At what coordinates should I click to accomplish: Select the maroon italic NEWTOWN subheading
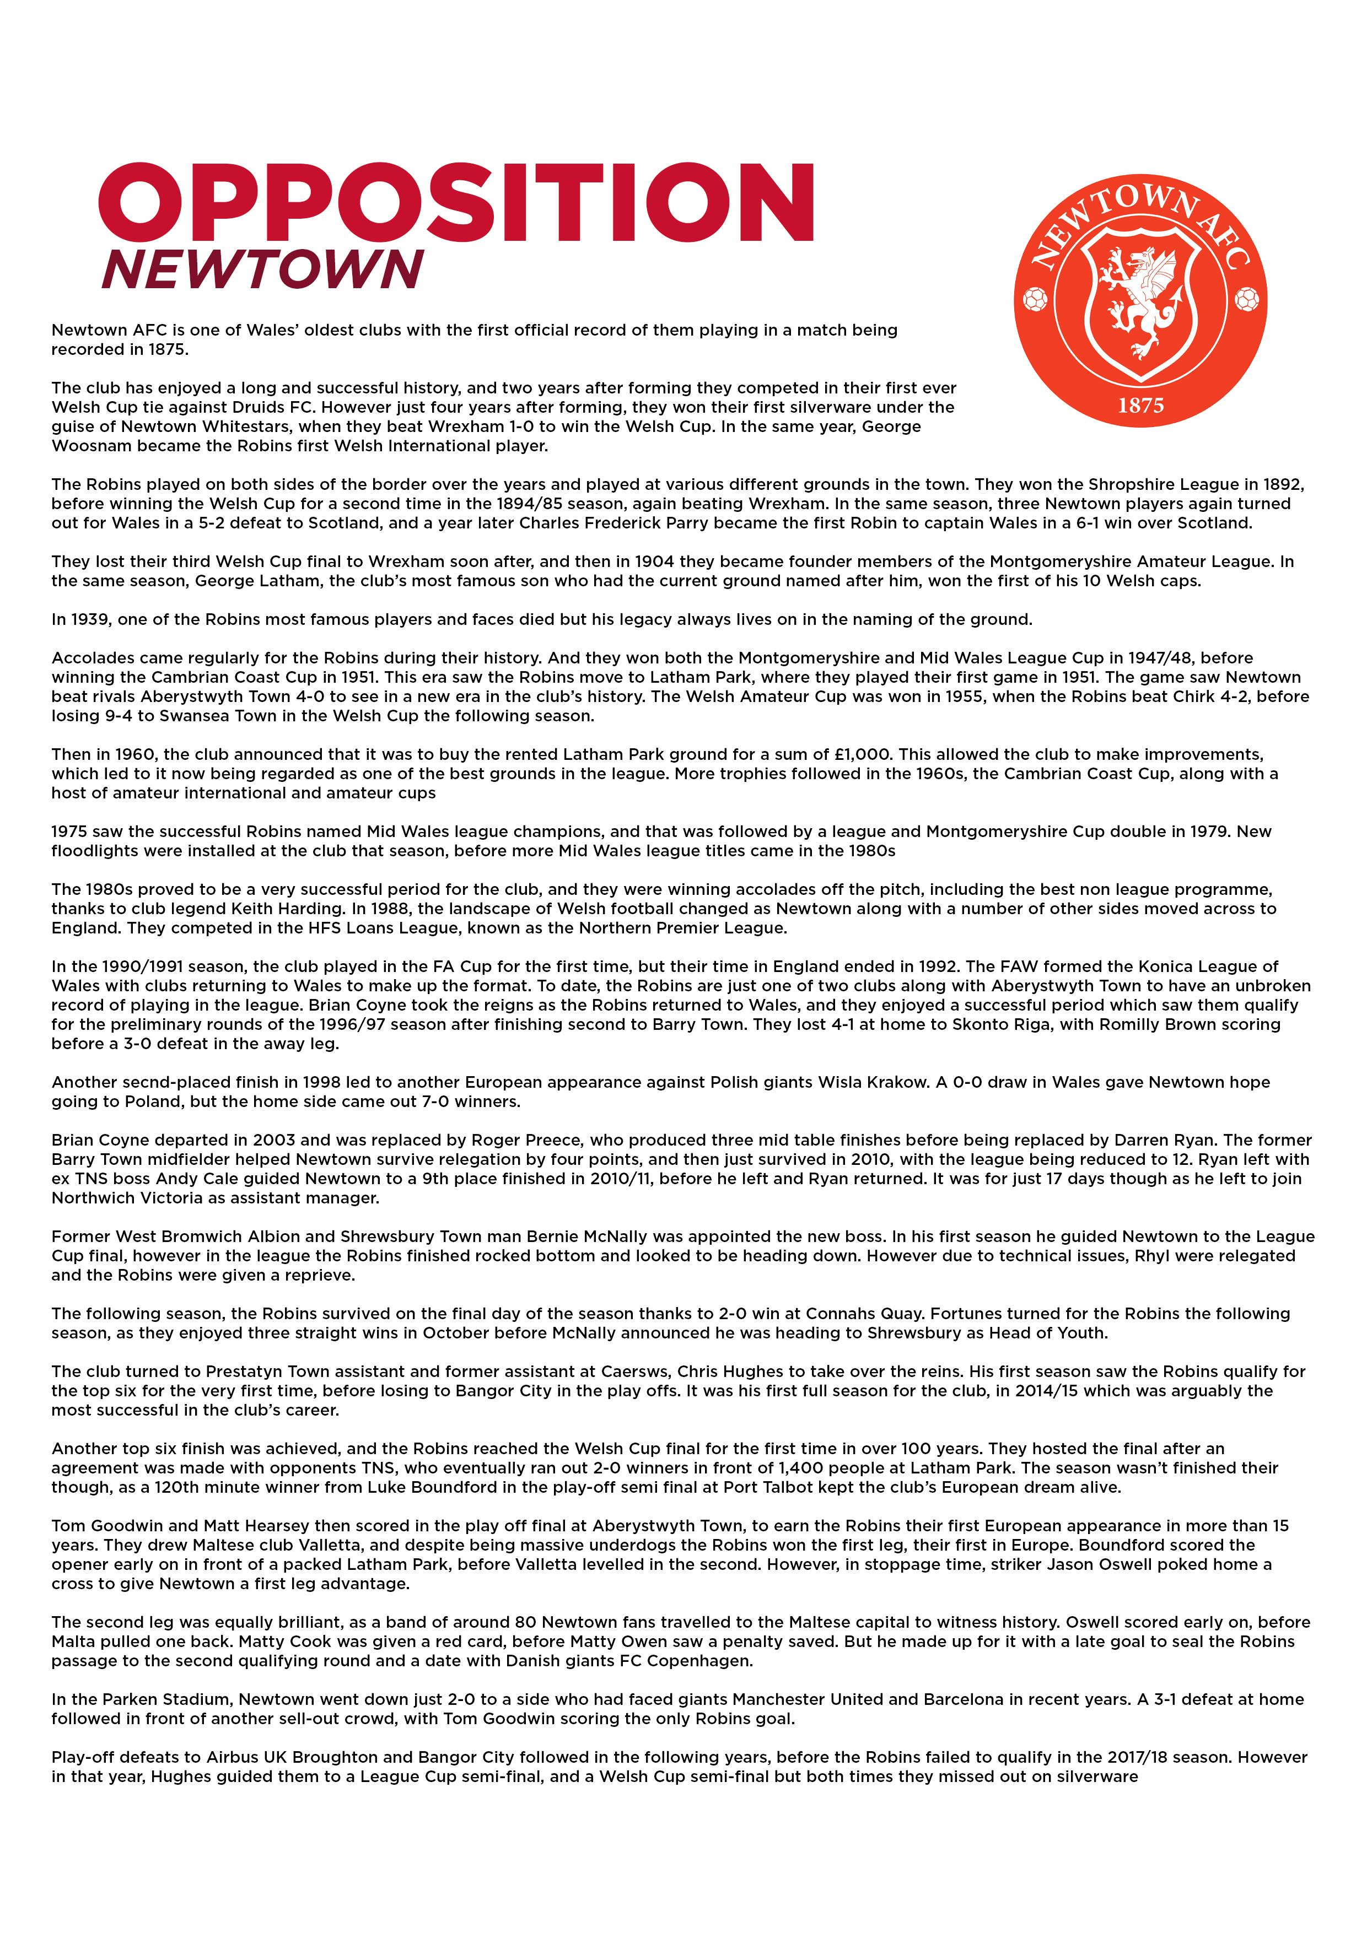coord(262,270)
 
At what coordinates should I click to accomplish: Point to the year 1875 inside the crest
coord(1140,406)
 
